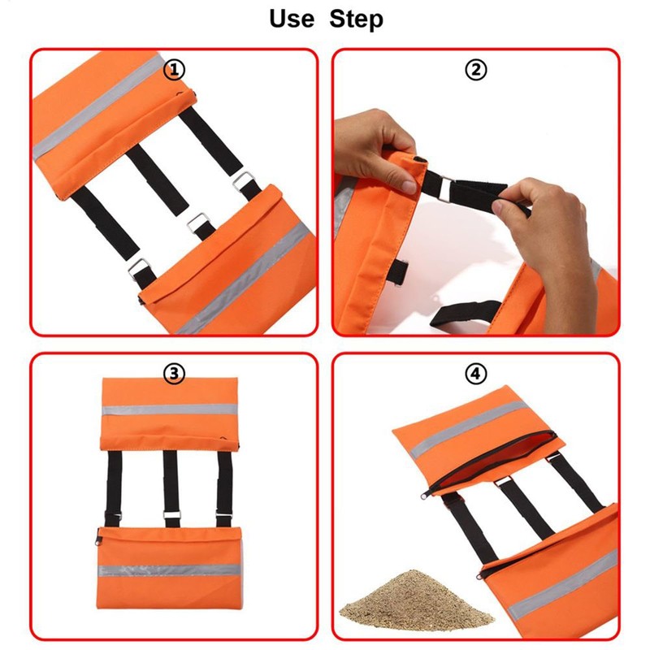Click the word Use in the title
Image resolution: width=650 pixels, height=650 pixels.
coord(292,19)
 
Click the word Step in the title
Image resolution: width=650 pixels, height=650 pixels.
coord(356,19)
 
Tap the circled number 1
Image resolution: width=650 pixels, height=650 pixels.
coord(174,70)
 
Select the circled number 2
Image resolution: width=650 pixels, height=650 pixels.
coord(475,70)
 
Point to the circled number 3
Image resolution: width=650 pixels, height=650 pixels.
coord(174,374)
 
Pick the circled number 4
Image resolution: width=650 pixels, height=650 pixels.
coord(475,374)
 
